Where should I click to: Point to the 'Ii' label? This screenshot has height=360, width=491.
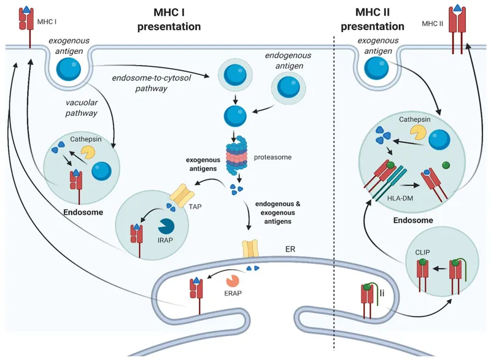382,295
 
